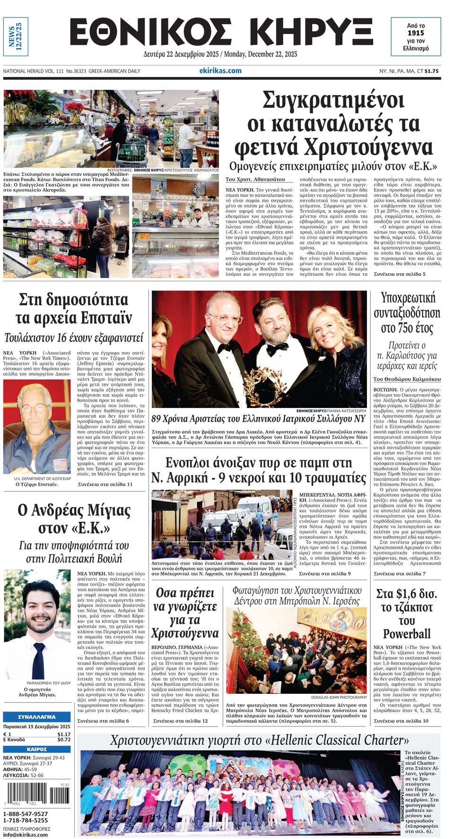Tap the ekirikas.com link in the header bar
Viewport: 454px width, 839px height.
coord(220,70)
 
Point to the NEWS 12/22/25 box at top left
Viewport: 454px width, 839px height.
coord(16,37)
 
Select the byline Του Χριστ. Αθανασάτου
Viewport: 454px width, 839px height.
coord(255,180)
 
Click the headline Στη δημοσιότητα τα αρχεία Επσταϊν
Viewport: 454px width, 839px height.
coord(73,308)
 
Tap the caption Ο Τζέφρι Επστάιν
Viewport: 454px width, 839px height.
coord(36,484)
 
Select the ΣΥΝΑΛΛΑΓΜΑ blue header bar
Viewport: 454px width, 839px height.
coord(36,717)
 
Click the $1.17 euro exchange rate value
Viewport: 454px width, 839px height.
coord(63,734)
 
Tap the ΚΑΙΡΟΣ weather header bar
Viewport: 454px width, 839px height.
coord(36,749)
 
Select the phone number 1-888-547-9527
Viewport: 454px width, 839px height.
coord(26,813)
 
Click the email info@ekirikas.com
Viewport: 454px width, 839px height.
coord(26,834)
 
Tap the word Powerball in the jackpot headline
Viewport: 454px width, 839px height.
coord(407,633)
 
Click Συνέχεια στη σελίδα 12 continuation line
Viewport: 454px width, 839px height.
coord(180,721)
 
